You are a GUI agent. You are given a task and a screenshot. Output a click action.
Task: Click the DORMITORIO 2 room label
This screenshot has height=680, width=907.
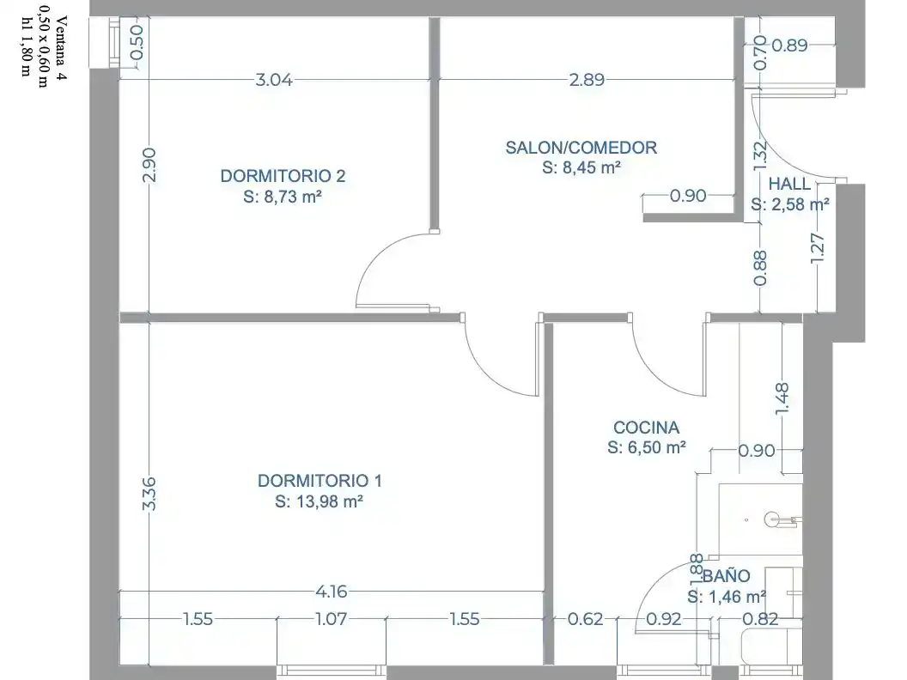coord(283,176)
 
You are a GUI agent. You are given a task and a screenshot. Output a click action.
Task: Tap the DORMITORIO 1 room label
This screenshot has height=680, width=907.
coord(320,481)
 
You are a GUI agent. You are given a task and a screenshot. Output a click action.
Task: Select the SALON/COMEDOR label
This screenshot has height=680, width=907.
coord(581,148)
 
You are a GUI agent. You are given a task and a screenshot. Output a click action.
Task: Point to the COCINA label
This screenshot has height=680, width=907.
coord(646,428)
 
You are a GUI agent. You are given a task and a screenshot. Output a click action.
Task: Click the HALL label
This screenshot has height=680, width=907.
coord(789,184)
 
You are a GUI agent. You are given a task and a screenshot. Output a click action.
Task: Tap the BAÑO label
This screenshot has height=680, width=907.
coord(727,576)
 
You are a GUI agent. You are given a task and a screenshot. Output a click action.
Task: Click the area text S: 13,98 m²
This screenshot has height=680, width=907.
coord(319,501)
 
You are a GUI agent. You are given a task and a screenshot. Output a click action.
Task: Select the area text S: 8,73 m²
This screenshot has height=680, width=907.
coord(283,197)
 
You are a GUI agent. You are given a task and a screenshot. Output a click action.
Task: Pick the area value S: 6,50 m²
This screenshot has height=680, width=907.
coord(647,447)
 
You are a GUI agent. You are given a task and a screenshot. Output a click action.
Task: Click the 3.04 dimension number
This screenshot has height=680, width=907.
coord(274,80)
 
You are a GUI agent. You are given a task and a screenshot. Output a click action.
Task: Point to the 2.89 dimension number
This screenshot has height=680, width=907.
coord(587,80)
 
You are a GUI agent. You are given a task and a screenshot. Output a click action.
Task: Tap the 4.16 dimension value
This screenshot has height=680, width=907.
coord(332,592)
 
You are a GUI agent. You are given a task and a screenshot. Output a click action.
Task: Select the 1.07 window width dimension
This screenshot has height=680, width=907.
coord(332,619)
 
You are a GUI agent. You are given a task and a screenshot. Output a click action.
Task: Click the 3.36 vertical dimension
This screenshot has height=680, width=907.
coord(149,493)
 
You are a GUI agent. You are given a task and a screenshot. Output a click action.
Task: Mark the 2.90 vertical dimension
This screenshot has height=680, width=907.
coord(149,166)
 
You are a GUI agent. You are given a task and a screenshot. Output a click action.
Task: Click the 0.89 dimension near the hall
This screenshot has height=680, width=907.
coord(789,46)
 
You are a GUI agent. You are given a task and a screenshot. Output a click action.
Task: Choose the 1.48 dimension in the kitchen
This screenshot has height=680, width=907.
coord(782,398)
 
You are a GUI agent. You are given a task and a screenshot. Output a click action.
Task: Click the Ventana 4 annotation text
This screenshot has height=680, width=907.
coord(61,48)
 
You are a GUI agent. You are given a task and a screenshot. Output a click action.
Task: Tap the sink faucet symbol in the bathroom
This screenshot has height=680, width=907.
coord(782,519)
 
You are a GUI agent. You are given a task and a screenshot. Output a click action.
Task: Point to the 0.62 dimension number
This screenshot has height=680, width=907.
coord(586,619)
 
